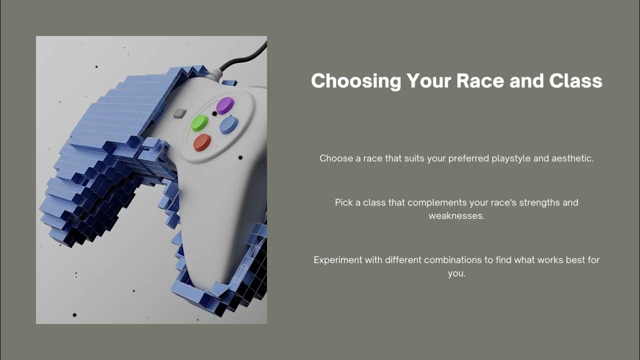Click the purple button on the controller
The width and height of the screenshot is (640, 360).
point(225,105)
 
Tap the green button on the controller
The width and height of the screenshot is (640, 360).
point(199,123)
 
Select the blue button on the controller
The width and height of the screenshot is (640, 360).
point(228,125)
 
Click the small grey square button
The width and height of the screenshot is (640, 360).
point(180,113)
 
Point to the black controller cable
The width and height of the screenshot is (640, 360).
point(243,59)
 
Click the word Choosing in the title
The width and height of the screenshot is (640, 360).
point(356,81)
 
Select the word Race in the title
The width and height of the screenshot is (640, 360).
point(480,80)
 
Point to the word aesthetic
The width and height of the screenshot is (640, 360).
point(572,158)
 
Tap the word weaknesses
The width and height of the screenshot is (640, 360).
point(456,215)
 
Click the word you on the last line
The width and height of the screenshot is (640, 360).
point(456,273)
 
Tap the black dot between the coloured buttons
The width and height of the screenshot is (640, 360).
point(214,113)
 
